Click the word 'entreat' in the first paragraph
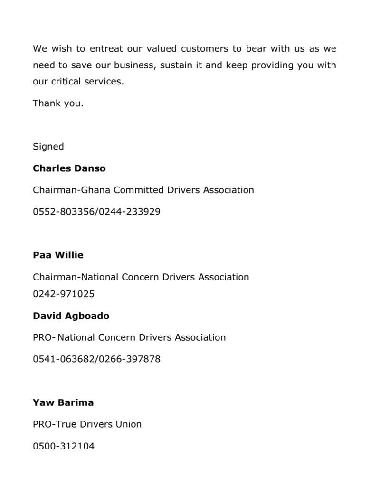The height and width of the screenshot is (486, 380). tap(106, 48)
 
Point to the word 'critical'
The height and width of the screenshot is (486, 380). tap(66, 81)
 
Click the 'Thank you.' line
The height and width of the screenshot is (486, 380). tap(58, 103)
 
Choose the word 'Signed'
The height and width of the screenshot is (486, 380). tap(48, 147)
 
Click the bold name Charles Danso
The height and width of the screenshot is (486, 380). tap(69, 168)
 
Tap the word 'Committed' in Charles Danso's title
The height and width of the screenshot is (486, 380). tap(139, 190)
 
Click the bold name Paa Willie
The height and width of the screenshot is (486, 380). tap(58, 255)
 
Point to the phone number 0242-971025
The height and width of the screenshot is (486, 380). tap(64, 294)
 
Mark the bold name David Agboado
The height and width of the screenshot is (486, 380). tap(71, 316)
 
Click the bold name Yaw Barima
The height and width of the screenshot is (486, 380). tap(63, 402)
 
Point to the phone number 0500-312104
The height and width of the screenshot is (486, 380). tap(64, 446)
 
